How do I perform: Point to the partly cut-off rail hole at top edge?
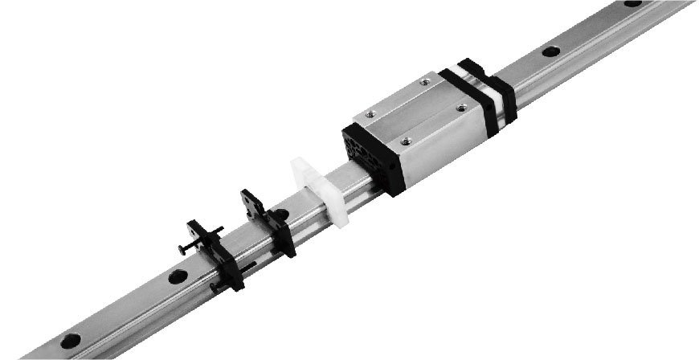(x=632, y=3)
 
